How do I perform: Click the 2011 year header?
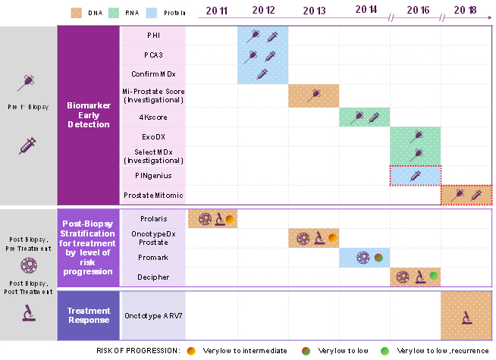click(212, 11)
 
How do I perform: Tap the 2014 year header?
click(365, 11)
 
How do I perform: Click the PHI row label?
click(152, 36)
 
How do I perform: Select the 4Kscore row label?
click(152, 117)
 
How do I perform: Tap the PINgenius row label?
click(152, 176)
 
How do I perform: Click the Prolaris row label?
click(152, 218)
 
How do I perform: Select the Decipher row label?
click(152, 277)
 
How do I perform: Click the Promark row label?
click(152, 258)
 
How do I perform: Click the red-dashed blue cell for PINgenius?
click(415, 176)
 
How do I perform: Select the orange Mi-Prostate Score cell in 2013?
click(313, 95)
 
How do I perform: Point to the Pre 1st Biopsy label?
click(28, 107)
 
